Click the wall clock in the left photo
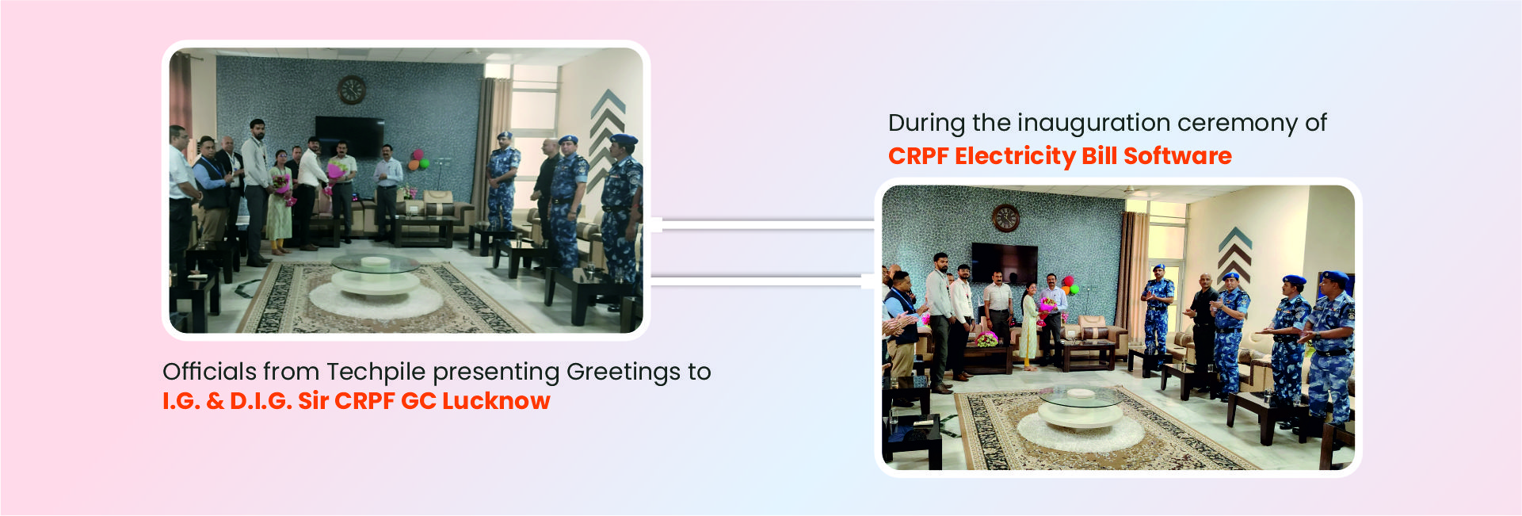(x=352, y=90)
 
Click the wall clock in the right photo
(x=1005, y=217)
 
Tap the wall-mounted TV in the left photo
(x=349, y=136)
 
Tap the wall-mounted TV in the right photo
(x=1004, y=264)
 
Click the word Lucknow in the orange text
(x=496, y=401)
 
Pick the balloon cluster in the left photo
(x=418, y=160)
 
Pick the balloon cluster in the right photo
(x=1070, y=285)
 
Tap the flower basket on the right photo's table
(x=986, y=339)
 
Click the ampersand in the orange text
(x=215, y=401)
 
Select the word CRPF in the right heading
(x=918, y=156)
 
